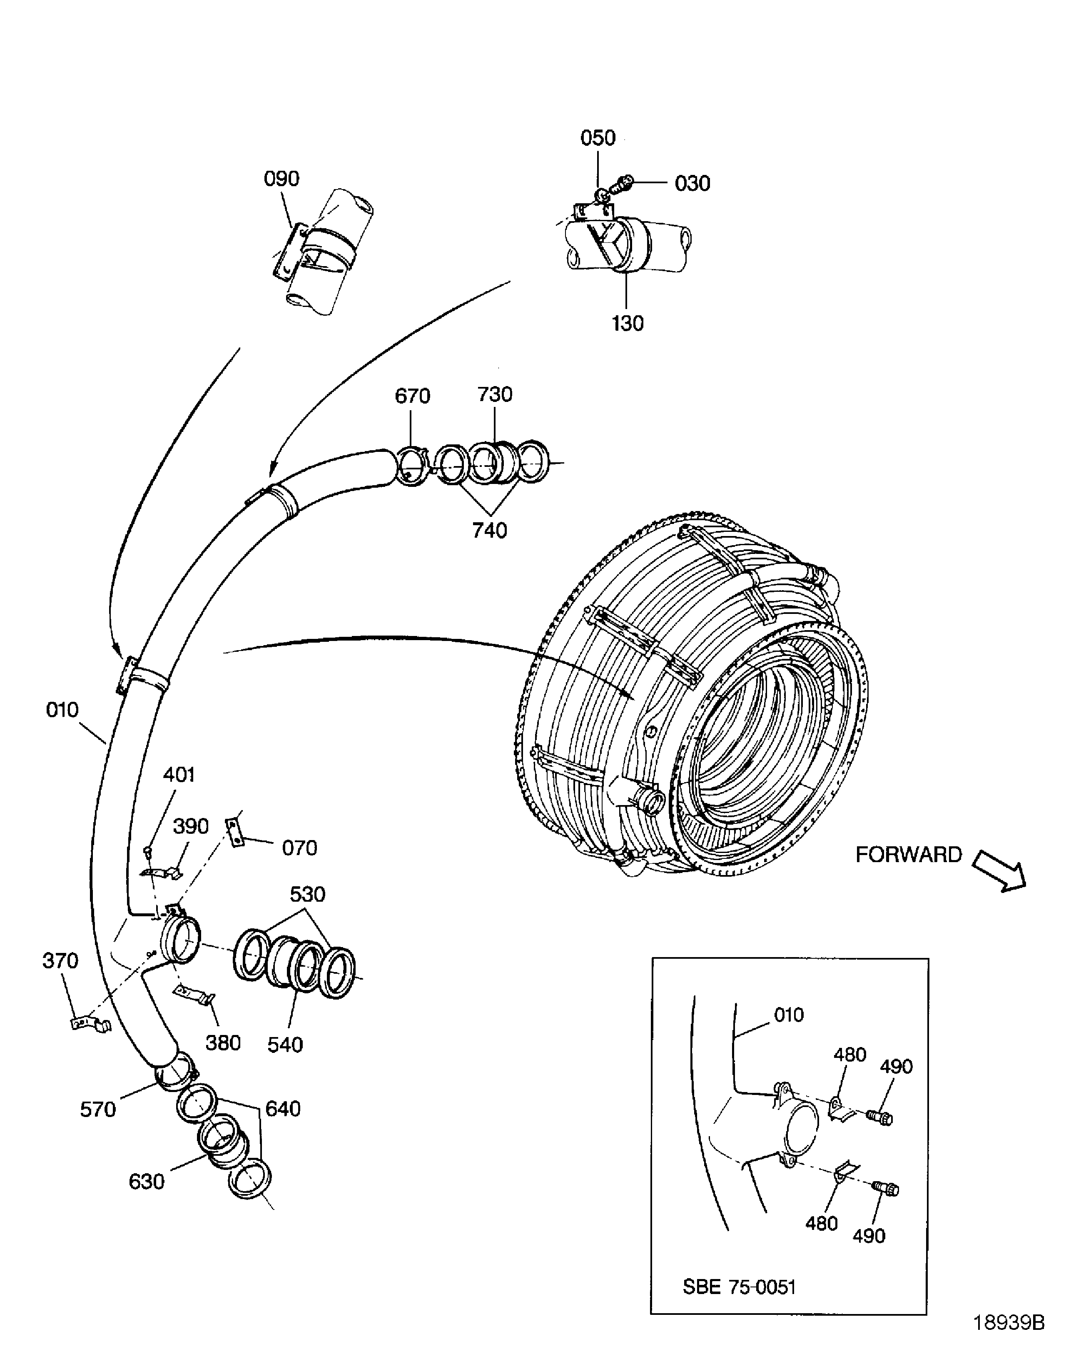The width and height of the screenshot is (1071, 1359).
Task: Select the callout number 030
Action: click(692, 183)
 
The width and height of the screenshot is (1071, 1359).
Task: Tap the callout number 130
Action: click(627, 324)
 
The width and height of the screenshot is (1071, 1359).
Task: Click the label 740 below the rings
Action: click(489, 531)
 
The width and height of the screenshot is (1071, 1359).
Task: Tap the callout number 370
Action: click(60, 961)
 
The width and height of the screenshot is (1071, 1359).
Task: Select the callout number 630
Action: click(146, 1182)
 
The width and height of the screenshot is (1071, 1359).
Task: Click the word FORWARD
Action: click(908, 855)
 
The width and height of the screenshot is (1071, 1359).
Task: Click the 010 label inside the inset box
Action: click(788, 1015)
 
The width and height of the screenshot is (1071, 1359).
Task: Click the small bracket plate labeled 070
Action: click(234, 832)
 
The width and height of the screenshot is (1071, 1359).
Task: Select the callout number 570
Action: click(98, 1110)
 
